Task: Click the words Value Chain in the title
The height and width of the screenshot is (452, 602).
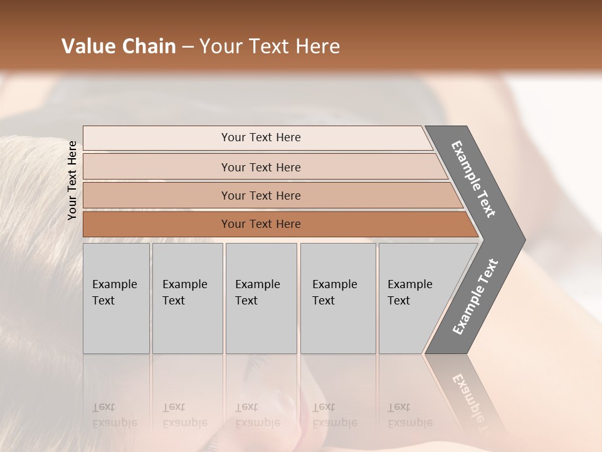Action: tap(119, 46)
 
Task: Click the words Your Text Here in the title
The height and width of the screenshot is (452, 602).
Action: tap(270, 46)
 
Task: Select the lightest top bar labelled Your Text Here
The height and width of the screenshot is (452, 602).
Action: tap(260, 137)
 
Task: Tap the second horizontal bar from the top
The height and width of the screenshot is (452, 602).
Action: tap(260, 167)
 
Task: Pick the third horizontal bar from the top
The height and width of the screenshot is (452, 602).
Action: tap(260, 195)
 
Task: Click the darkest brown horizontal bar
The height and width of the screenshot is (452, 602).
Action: tap(260, 224)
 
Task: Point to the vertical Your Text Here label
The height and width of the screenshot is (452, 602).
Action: tap(72, 180)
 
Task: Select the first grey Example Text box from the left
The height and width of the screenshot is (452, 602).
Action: tap(116, 298)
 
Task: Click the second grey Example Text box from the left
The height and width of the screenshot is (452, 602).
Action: tap(187, 298)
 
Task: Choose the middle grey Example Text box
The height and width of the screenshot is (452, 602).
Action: tap(260, 298)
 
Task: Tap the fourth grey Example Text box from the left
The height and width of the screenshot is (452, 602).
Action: tap(337, 298)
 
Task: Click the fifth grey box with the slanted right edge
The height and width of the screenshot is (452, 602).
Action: tap(414, 298)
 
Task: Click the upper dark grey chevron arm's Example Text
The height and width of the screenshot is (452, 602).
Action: tap(473, 179)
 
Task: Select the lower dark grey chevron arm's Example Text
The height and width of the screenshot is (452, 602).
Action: tap(475, 297)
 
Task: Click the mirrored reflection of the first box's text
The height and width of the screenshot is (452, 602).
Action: tap(114, 415)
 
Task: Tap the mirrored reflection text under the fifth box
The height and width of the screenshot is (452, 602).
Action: tap(409, 415)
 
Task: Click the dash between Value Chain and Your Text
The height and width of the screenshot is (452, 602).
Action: tap(187, 47)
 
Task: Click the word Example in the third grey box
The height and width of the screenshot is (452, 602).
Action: tap(257, 284)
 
